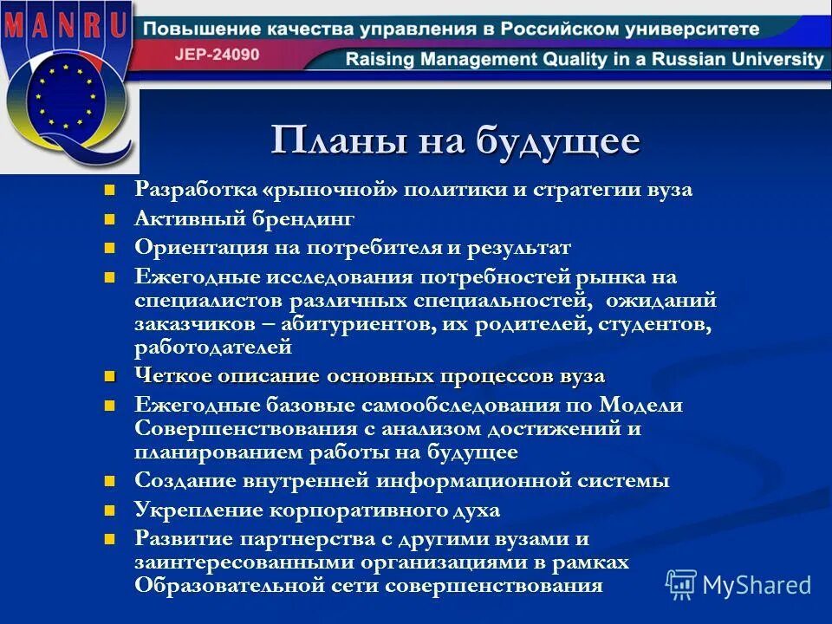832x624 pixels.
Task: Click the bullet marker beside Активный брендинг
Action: [x=109, y=219]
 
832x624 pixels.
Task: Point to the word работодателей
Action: [x=212, y=348]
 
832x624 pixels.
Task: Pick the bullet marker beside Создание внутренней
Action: [x=109, y=481]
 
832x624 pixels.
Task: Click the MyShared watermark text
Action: [x=756, y=584]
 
